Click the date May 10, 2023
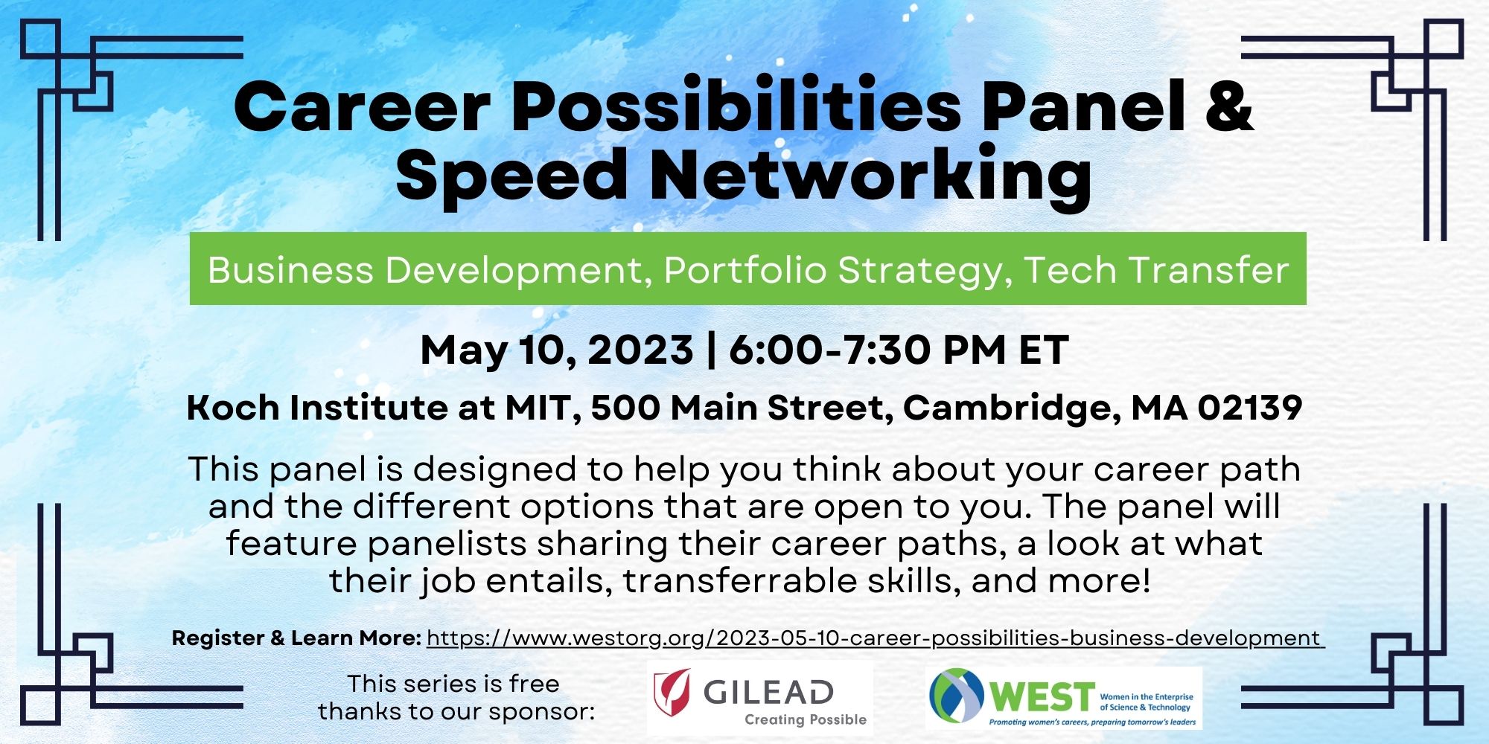point(557,350)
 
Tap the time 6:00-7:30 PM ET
point(899,350)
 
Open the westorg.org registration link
point(876,638)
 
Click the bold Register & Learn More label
point(297,638)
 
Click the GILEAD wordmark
point(768,692)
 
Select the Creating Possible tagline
point(806,719)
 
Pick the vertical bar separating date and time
point(712,350)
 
